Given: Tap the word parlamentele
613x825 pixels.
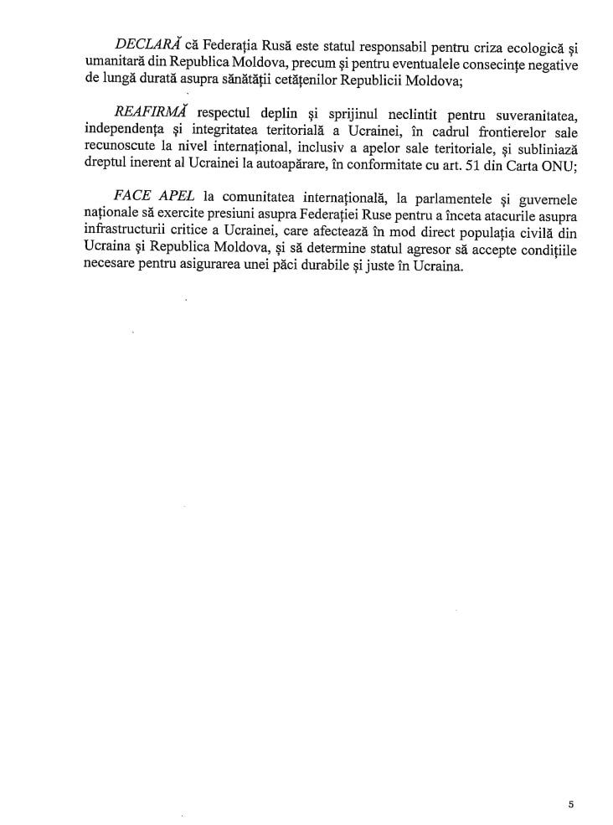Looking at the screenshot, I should (443, 200).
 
